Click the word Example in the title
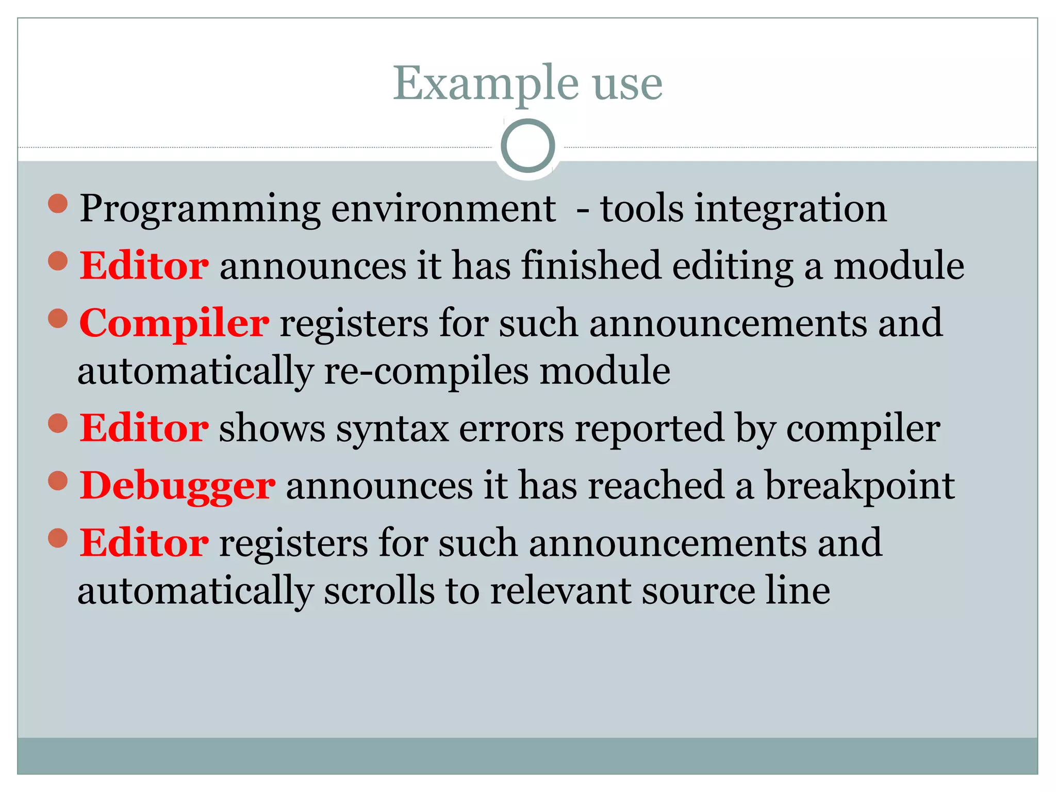(x=486, y=84)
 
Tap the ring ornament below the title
(x=527, y=146)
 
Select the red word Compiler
(x=174, y=323)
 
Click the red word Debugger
(x=177, y=486)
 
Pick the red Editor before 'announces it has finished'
(x=144, y=266)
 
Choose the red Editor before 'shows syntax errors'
(x=144, y=428)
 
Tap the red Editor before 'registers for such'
(x=144, y=543)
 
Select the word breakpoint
(x=860, y=486)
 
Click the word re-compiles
(x=426, y=371)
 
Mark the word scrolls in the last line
(x=379, y=591)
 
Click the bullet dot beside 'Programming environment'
(x=58, y=203)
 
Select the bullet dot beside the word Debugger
(x=58, y=481)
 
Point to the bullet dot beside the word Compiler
(x=58, y=318)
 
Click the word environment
(x=443, y=209)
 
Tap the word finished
(x=591, y=266)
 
